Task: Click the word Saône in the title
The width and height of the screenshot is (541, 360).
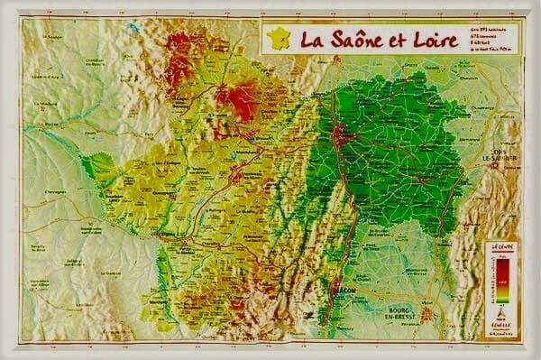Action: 347,40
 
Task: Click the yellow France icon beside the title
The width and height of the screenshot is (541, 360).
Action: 279,39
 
